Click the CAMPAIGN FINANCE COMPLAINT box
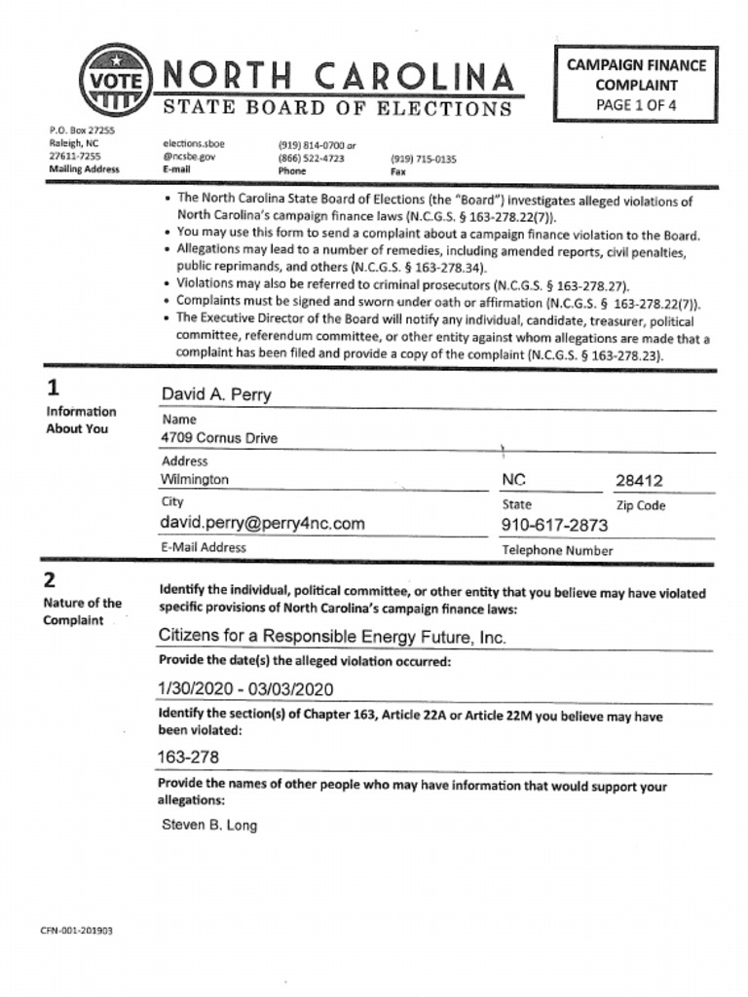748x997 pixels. click(636, 85)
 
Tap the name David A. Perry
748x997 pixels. click(216, 394)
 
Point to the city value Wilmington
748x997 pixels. click(195, 480)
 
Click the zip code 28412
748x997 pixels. click(639, 481)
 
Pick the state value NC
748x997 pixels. click(513, 480)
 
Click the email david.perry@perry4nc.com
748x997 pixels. click(262, 524)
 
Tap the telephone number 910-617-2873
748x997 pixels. click(553, 526)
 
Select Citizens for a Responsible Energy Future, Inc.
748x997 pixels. click(332, 637)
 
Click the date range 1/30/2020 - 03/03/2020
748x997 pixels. click(245, 689)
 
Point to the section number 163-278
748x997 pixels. click(188, 757)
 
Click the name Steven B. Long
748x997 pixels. click(209, 826)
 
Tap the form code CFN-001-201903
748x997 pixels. click(76, 931)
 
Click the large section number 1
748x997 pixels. click(53, 388)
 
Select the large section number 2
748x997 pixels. click(50, 580)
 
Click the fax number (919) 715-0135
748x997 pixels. click(423, 158)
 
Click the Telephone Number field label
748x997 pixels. click(557, 550)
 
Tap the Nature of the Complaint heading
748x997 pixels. click(82, 611)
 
